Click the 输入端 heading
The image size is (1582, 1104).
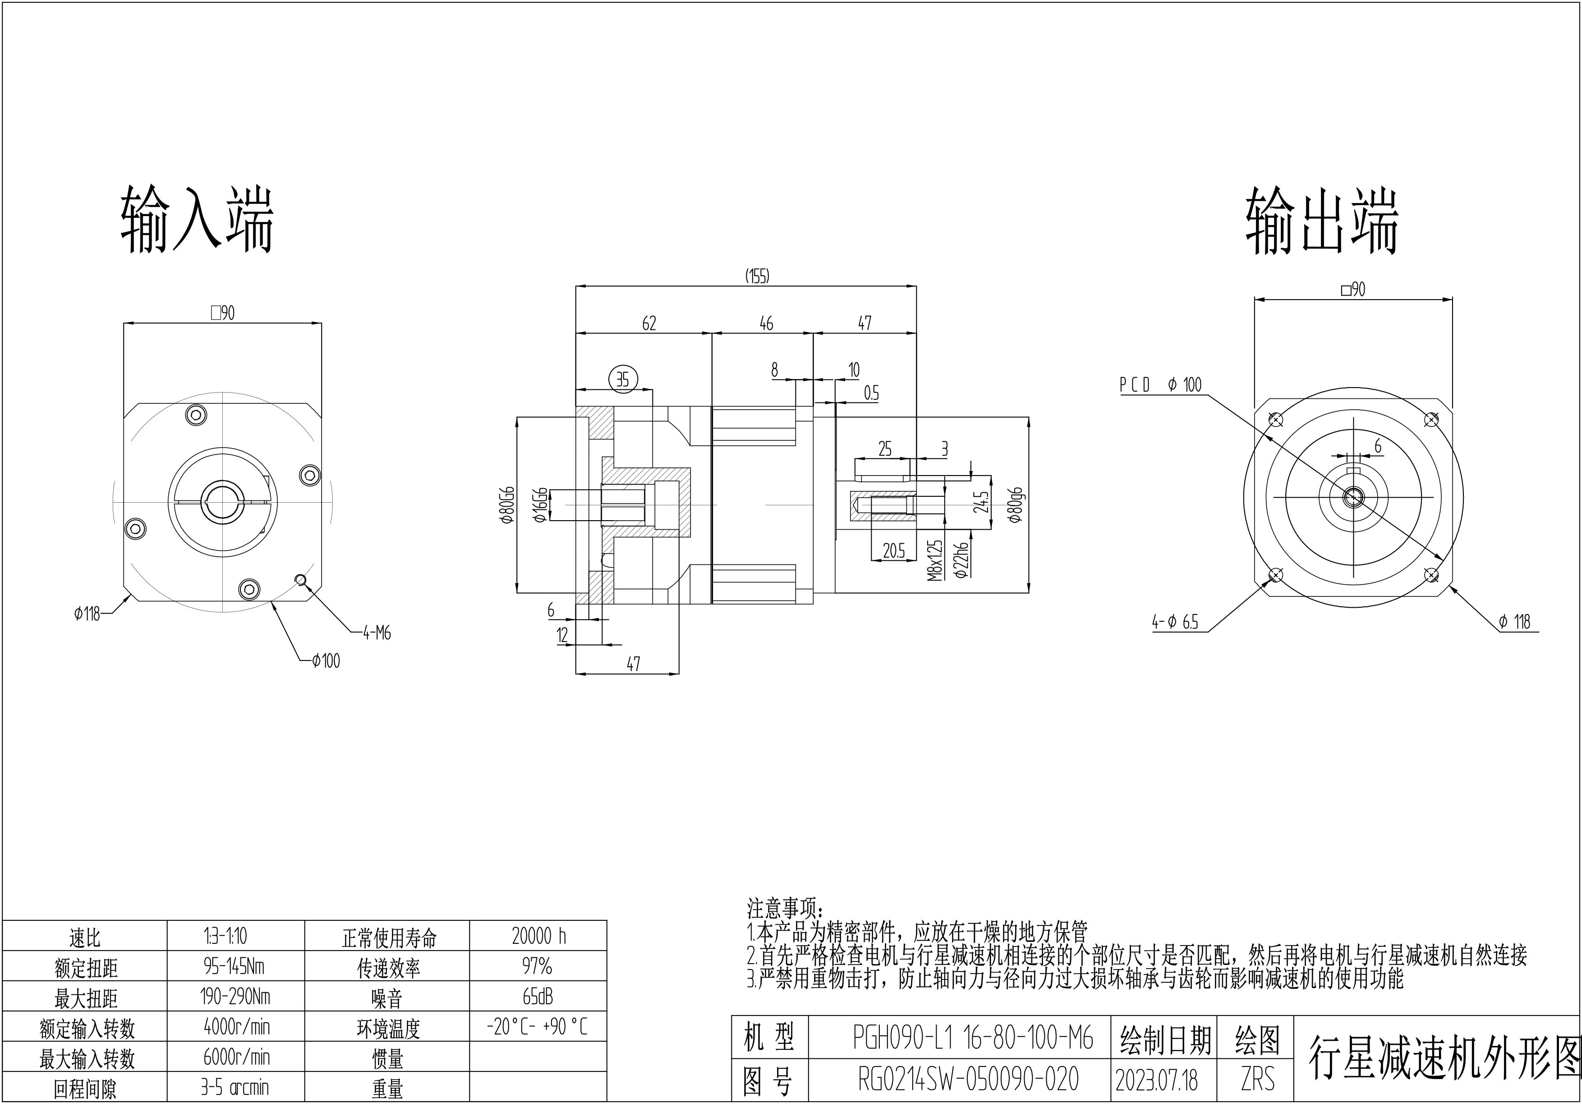(x=197, y=219)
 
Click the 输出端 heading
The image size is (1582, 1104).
(x=1321, y=222)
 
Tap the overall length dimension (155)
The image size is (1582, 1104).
(x=757, y=277)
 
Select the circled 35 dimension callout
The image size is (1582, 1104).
(x=623, y=379)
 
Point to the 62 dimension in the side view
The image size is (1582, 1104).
(x=649, y=323)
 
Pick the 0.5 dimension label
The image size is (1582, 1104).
(x=871, y=393)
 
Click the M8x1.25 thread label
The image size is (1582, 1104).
(x=934, y=559)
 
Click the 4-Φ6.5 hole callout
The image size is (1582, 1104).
(x=1175, y=622)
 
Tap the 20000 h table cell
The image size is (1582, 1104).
(x=538, y=936)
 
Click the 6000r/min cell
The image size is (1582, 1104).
(x=236, y=1057)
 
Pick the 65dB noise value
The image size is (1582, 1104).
(x=538, y=997)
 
